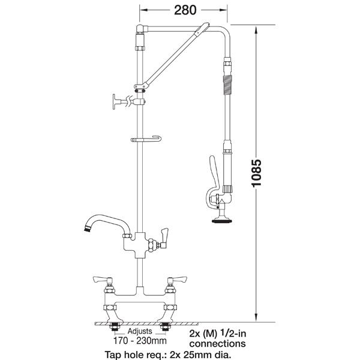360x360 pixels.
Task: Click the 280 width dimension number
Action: point(185,10)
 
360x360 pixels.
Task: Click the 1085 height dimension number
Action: point(256,173)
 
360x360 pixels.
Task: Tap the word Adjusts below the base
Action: point(140,331)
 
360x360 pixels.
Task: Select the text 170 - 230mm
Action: point(140,341)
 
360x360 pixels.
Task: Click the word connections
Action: point(217,344)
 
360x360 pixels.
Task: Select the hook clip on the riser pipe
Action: point(146,139)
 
